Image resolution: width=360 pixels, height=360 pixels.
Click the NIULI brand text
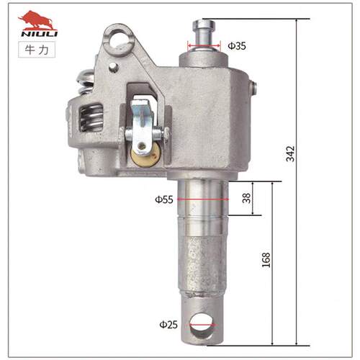click(x=40, y=33)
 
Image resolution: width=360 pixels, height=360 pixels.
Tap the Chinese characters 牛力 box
click(x=37, y=50)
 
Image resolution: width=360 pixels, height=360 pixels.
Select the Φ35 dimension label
click(x=237, y=45)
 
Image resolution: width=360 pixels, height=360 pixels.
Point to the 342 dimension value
click(x=290, y=153)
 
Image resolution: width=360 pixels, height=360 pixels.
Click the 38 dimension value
click(x=246, y=198)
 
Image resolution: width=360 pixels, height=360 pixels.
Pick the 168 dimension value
click(x=266, y=260)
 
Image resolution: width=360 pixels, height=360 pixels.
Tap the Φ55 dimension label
click(x=164, y=199)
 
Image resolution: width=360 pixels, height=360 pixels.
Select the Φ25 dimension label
click(x=168, y=325)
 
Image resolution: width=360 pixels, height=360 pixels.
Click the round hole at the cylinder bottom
click(x=201, y=326)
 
